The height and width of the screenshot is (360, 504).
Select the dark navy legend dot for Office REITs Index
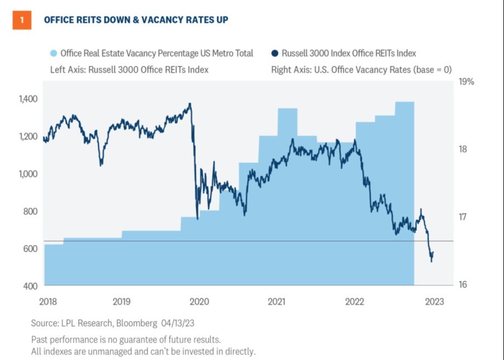coord(275,54)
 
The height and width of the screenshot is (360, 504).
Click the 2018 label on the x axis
coord(49,302)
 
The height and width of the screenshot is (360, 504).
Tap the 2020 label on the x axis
coord(199,302)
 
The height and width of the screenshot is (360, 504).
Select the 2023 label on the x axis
coord(434,302)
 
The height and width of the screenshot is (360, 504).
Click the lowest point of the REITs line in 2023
coord(431,261)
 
